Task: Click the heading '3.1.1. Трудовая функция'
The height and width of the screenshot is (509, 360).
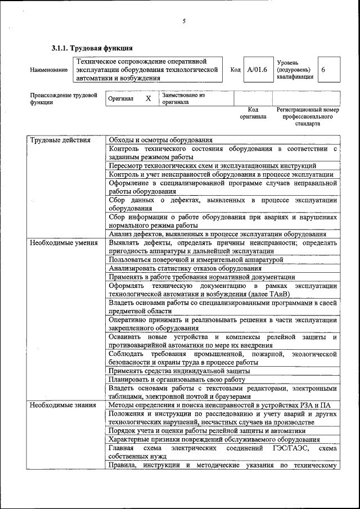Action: tap(92, 48)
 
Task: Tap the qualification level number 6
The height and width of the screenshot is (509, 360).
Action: tap(323, 70)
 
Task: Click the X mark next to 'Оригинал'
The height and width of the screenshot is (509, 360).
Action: tap(148, 98)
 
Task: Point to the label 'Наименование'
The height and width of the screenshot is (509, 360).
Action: tap(49, 70)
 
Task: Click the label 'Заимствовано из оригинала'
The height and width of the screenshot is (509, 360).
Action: tap(183, 99)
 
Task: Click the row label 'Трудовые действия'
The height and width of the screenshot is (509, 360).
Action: tap(60, 140)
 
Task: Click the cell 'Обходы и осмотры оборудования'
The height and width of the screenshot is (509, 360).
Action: tap(160, 140)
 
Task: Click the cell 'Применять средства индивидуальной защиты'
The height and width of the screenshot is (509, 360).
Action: tap(179, 371)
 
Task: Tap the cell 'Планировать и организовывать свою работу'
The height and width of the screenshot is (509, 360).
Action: tap(177, 380)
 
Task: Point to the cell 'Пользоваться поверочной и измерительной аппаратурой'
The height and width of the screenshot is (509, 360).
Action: tap(196, 260)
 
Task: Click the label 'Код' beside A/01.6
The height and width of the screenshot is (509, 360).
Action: tap(236, 70)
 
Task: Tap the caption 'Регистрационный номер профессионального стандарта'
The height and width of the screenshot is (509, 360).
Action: tap(307, 116)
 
